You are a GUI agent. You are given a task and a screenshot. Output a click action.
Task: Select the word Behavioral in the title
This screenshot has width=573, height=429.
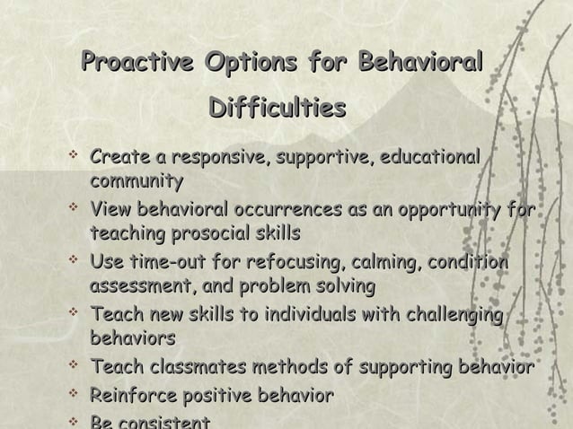(x=421, y=64)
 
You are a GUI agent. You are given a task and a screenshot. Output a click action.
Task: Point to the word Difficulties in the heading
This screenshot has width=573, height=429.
(x=277, y=109)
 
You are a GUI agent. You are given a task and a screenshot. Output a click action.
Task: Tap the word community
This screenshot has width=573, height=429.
(x=137, y=181)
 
